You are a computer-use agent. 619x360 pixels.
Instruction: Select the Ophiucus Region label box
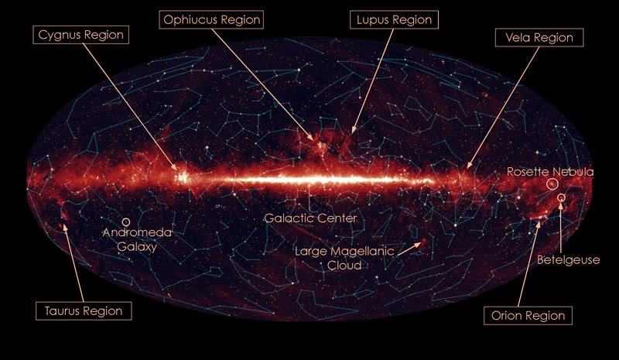(x=211, y=18)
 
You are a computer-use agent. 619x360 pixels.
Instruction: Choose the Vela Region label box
(x=540, y=36)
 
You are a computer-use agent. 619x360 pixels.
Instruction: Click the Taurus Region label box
(x=84, y=310)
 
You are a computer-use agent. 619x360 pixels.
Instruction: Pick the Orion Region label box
(x=528, y=315)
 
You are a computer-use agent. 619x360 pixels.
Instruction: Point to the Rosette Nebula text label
(x=550, y=171)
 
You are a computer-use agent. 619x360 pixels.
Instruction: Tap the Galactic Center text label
(x=310, y=218)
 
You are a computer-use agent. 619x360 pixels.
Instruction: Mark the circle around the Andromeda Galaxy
(x=126, y=222)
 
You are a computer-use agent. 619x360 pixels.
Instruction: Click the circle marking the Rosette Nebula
(x=551, y=184)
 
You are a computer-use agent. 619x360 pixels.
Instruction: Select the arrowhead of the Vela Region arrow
(x=468, y=166)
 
